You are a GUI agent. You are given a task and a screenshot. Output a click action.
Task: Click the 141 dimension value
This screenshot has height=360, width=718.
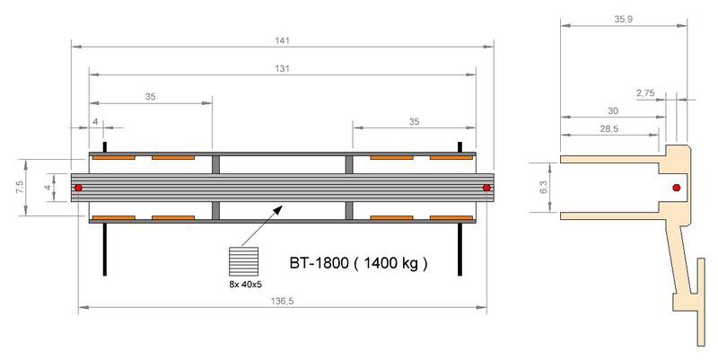283,40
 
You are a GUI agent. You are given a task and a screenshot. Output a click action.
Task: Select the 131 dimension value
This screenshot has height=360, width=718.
283,69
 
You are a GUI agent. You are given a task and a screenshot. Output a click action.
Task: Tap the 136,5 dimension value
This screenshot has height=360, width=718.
282,301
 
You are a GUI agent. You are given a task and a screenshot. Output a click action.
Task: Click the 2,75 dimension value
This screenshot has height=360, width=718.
645,93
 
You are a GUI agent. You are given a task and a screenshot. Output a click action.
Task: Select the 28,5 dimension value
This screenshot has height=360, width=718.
609,128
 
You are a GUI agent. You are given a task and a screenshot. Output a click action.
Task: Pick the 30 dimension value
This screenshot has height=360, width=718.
613,110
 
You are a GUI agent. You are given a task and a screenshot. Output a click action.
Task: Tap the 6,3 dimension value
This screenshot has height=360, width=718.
544,187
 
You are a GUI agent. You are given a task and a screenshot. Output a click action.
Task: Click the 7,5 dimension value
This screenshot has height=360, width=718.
20,187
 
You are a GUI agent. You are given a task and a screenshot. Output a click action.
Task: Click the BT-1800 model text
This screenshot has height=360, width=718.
320,263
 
